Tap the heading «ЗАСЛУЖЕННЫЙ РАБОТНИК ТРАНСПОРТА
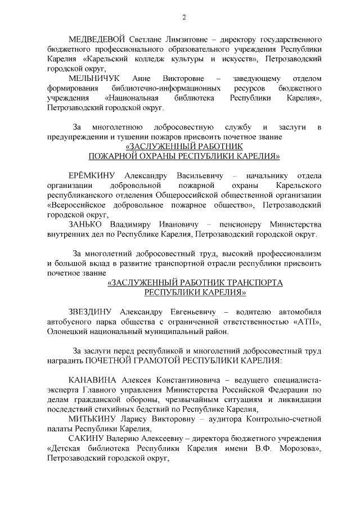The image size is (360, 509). point(195,282)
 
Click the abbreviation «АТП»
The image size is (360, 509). point(307,321)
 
